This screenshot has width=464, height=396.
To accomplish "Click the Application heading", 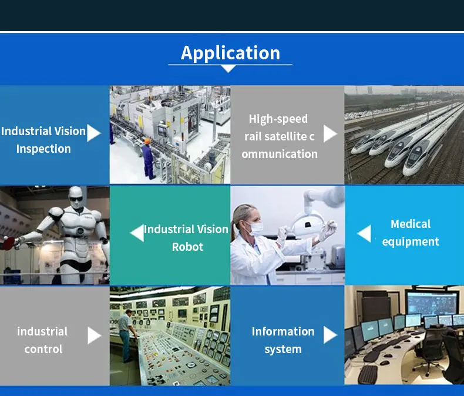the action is [230, 53].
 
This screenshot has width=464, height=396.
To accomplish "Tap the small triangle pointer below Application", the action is [228, 69].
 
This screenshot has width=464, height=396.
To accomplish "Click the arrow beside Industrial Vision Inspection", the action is [94, 133].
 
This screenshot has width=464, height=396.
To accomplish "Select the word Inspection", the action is [43, 149].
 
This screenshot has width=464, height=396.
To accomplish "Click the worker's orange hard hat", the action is [147, 141].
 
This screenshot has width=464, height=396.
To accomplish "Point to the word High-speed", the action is [278, 119].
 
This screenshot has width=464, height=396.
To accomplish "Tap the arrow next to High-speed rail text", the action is [330, 133].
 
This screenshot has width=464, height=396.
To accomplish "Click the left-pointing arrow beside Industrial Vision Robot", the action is [137, 233].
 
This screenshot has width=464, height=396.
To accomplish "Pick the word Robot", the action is [187, 247].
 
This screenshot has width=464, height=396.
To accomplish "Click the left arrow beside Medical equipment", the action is [364, 233].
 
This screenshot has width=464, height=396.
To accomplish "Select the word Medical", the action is [411, 224].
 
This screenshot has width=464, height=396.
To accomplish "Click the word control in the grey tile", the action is [43, 349].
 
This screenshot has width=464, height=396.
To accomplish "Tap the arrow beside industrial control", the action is [95, 335].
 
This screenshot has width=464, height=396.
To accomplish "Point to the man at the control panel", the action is [126, 335].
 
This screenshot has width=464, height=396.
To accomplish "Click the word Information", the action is [283, 331].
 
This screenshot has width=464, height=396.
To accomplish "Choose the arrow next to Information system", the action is [330, 335].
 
